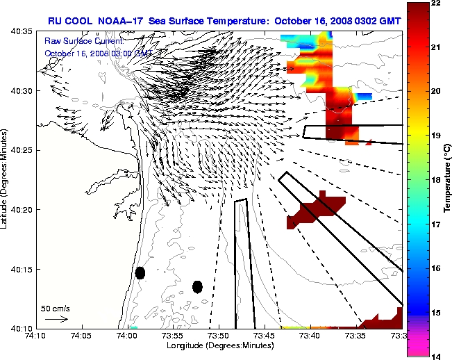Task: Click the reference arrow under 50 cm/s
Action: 56,319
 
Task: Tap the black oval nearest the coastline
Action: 140,272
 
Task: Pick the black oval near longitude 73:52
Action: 197,286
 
